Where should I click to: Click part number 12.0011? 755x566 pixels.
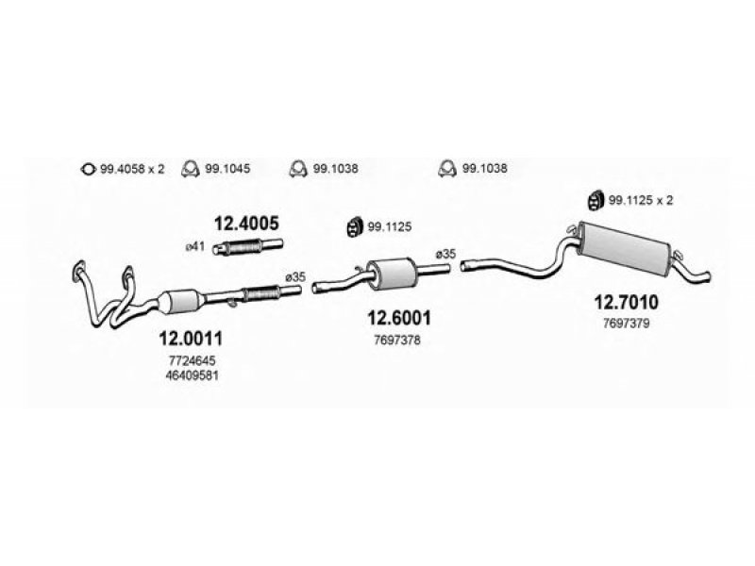point(191,339)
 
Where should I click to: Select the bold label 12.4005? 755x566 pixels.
point(246,224)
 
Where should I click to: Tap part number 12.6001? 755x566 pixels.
point(399,318)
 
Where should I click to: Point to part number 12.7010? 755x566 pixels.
point(626,302)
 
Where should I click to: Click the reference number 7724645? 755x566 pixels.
point(193,360)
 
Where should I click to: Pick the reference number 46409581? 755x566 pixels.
point(193,375)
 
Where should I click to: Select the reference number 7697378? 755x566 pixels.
point(397,341)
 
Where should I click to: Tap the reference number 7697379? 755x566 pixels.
point(627,324)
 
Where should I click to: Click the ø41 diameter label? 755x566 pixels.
point(195,247)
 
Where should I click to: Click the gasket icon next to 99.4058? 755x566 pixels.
point(87,170)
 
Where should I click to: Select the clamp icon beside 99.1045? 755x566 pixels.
point(191,169)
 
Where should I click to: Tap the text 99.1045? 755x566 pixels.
point(227,169)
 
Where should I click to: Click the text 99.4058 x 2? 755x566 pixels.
point(132,169)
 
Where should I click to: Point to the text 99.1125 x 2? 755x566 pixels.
point(641,200)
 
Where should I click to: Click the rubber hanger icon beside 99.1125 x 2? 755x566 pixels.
point(596,201)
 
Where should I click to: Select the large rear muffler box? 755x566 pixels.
point(625,248)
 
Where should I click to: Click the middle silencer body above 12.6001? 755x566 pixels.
point(392,274)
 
